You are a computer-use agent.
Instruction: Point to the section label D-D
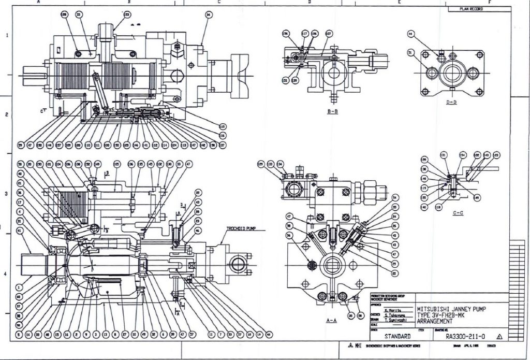pos(451,102)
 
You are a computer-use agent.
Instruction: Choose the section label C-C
pos(456,213)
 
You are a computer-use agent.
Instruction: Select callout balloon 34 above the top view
pos(208,15)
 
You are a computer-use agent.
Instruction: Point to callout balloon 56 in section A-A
pos(289,235)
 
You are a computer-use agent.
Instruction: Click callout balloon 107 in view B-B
pos(328,34)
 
